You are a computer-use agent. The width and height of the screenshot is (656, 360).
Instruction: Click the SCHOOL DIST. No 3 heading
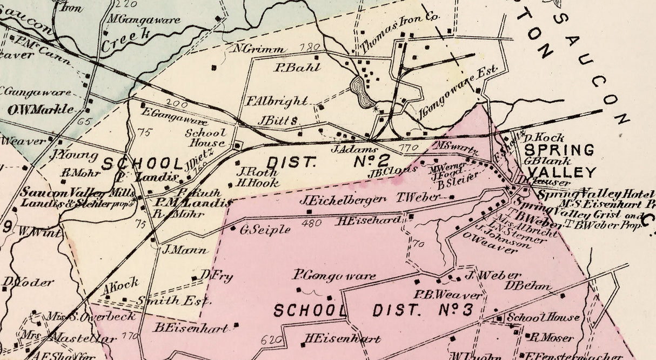pyautogui.click(x=373, y=311)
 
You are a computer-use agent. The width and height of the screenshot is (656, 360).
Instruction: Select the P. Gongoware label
pyautogui.click(x=334, y=276)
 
